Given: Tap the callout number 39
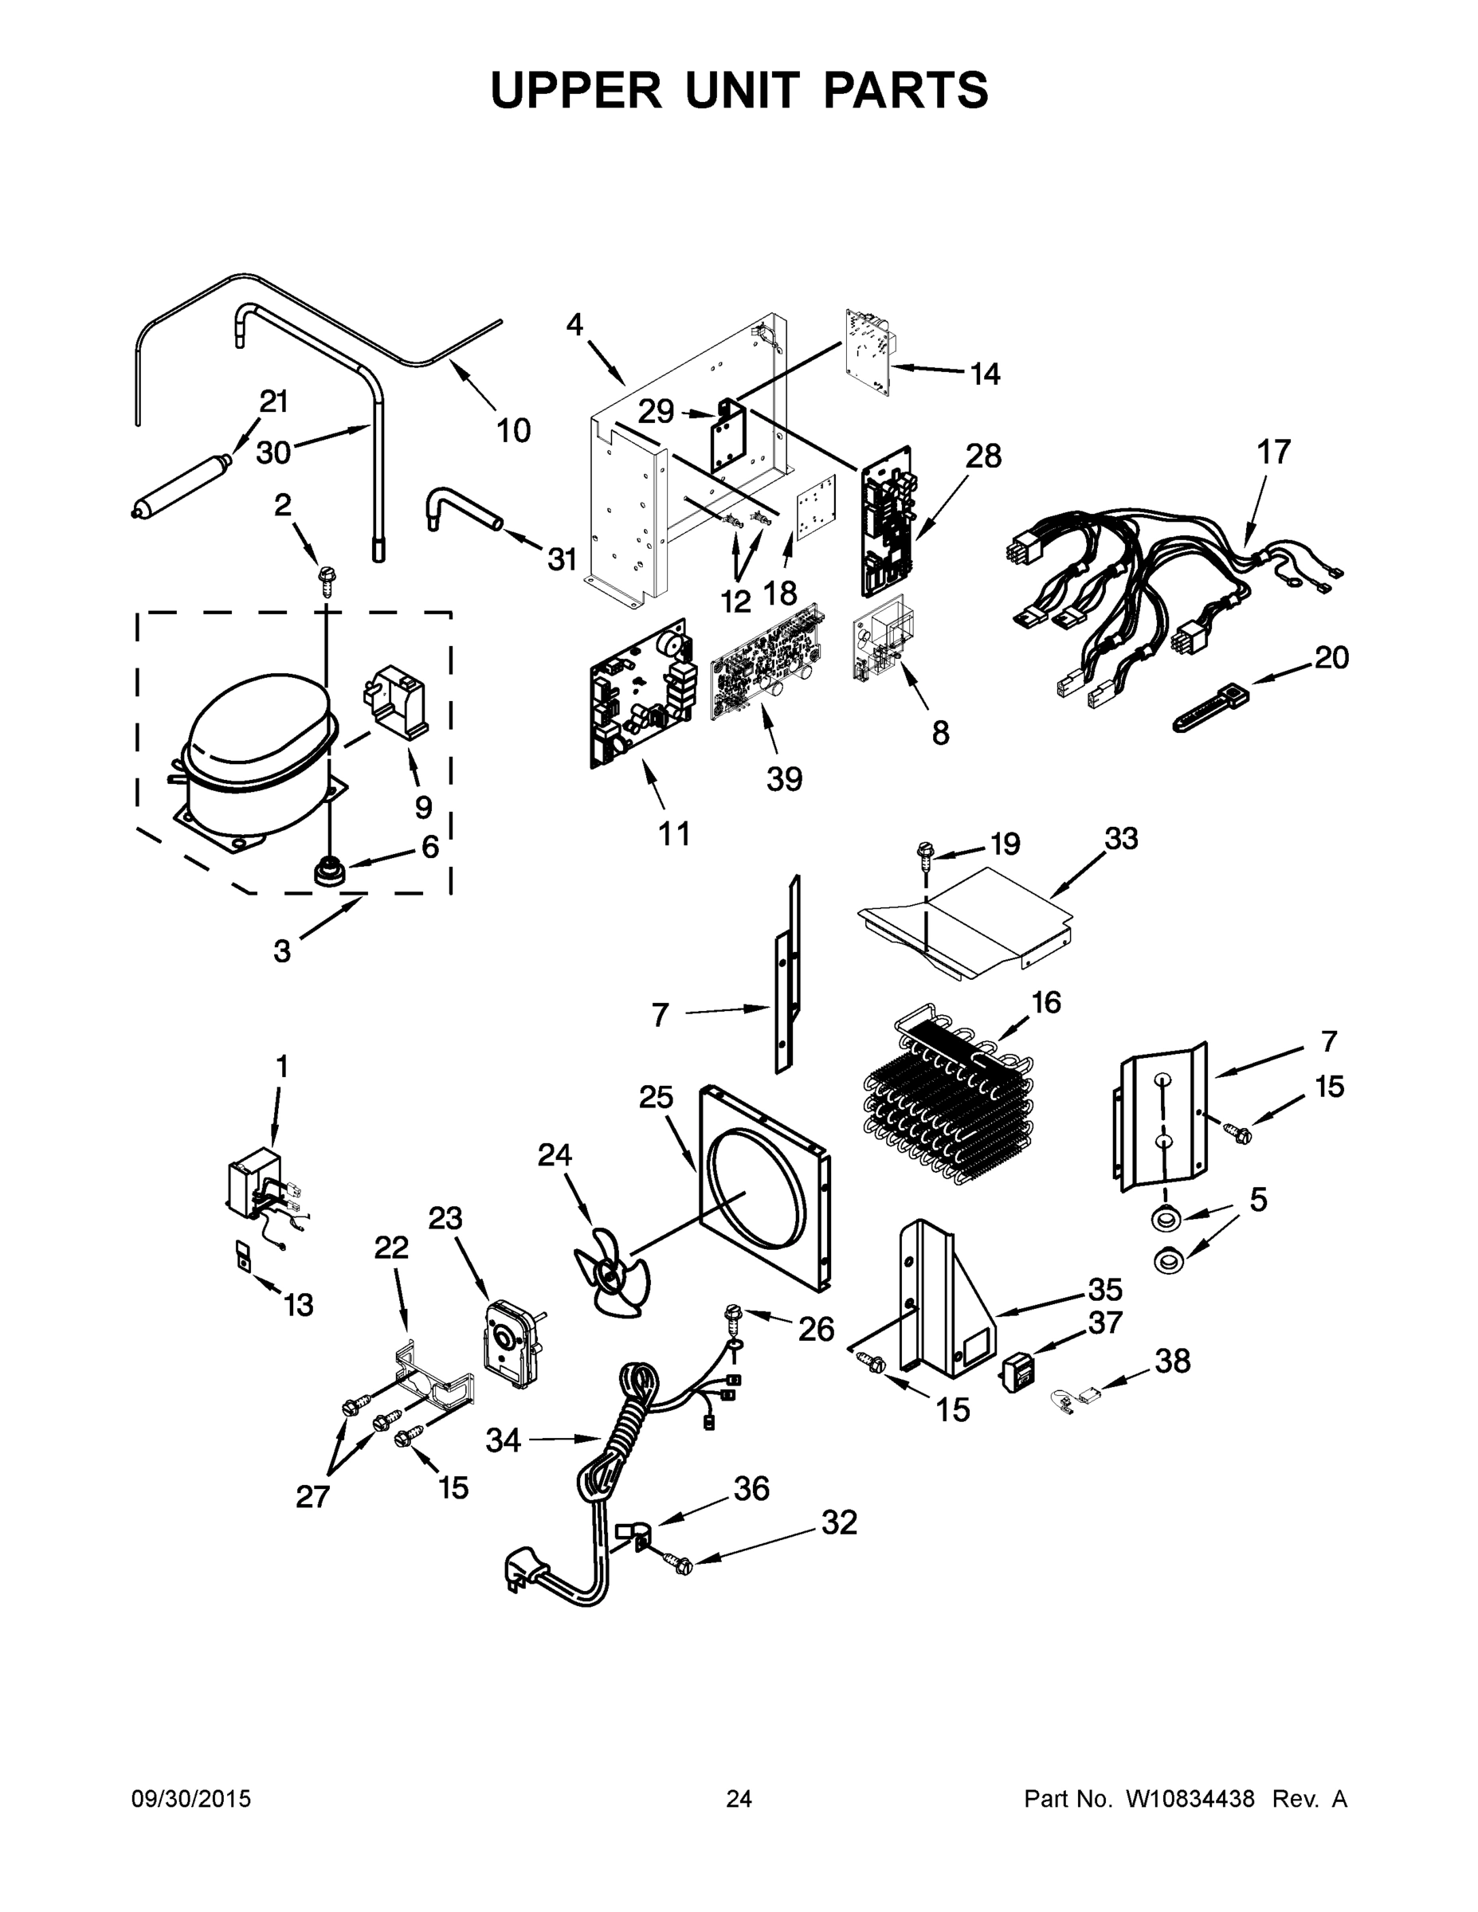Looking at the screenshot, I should click(784, 778).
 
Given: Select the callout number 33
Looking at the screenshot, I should click(1121, 839).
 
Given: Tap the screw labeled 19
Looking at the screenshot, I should click(924, 853).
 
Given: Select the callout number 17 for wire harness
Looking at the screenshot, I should click(1274, 453).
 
